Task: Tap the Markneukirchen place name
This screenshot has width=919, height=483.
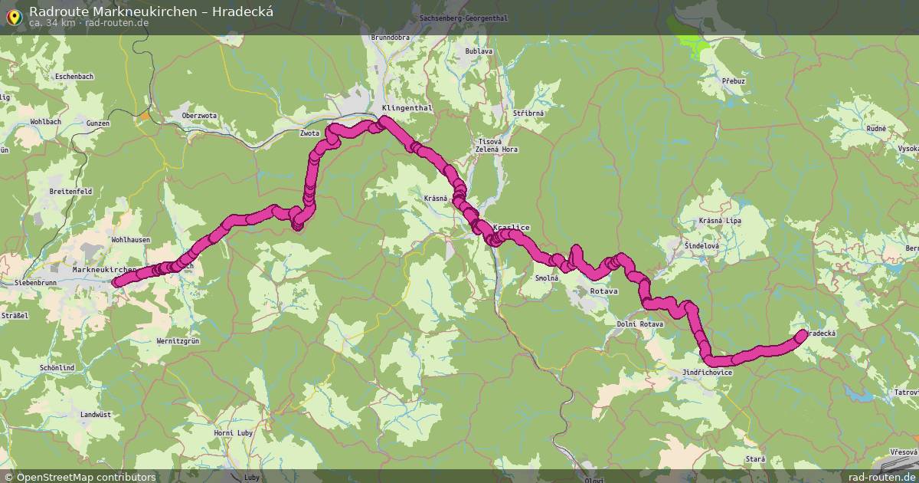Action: (x=104, y=270)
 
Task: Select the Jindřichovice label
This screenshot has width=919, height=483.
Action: (x=707, y=373)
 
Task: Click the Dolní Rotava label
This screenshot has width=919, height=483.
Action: (x=639, y=324)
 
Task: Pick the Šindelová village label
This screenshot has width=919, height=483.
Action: (x=702, y=245)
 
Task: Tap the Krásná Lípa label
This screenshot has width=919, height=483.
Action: (x=720, y=221)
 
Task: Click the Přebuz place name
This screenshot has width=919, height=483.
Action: (x=733, y=80)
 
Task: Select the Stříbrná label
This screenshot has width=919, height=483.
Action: (x=528, y=113)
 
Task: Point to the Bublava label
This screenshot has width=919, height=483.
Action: (x=479, y=51)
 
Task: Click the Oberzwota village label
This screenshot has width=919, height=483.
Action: (x=199, y=116)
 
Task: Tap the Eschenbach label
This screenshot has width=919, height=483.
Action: (x=74, y=77)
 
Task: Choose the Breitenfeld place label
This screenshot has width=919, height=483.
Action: (x=70, y=191)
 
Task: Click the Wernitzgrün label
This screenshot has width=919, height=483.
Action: (x=178, y=340)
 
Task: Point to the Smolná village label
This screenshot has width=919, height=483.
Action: (x=547, y=278)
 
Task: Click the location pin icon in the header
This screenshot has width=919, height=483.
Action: (x=13, y=17)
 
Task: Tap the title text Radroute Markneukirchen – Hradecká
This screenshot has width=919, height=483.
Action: (x=151, y=11)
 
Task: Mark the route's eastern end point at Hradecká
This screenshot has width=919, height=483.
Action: (x=802, y=334)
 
